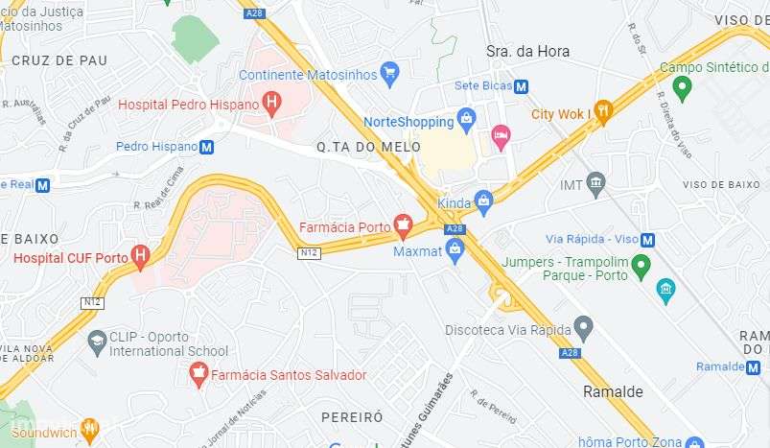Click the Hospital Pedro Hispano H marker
pos(272,103)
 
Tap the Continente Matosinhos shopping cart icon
pos(388,73)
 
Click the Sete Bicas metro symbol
pos(521,86)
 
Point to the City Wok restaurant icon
pos(602,113)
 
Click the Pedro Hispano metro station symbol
pos(206,147)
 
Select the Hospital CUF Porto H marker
pos(141,256)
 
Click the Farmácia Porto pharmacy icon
pos(403,227)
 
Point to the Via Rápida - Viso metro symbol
pos(648,240)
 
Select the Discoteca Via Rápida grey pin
pos(583,328)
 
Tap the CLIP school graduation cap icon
pos(96,342)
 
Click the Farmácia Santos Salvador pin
pos(199,375)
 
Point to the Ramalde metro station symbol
pos(752,366)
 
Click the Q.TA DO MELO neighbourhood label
pos(355,147)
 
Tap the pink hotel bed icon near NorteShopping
pos(501,136)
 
